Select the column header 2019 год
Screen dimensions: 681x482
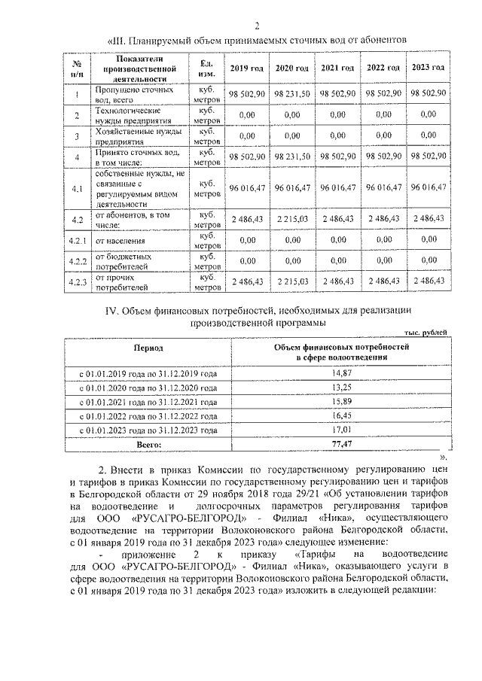click(x=246, y=68)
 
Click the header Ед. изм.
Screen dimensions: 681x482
click(x=204, y=68)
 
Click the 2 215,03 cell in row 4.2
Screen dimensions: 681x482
click(x=292, y=218)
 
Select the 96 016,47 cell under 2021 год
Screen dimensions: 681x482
click(x=337, y=187)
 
